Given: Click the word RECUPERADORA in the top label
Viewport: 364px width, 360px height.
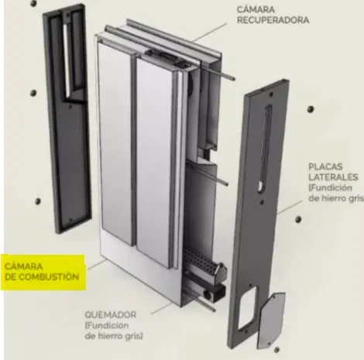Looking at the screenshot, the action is [x=273, y=20].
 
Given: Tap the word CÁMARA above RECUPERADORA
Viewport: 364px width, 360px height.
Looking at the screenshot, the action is [x=256, y=9].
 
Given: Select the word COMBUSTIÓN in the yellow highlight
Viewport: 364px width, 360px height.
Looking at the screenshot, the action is [x=49, y=277].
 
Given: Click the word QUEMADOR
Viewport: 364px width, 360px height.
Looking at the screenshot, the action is [x=111, y=315].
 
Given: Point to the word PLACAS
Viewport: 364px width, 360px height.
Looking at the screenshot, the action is [x=325, y=166].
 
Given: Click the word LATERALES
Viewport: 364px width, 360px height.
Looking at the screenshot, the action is [x=333, y=177].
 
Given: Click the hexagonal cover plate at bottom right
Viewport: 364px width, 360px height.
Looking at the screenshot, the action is [x=271, y=320].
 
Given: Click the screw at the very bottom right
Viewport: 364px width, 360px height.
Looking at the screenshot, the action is [x=276, y=350].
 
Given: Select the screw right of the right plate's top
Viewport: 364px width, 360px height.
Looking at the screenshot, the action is [x=311, y=109].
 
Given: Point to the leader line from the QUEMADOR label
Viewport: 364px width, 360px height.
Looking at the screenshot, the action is [x=162, y=308].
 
